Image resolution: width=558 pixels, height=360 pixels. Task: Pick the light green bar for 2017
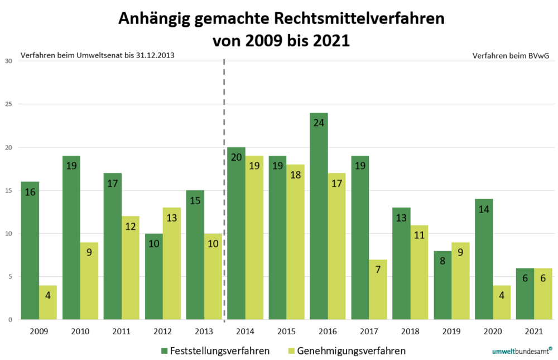point(378,290)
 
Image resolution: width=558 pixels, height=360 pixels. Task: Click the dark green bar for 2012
point(154,276)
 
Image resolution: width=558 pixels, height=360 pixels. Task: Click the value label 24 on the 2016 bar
point(319,122)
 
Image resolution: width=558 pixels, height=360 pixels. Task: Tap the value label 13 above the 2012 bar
point(172,217)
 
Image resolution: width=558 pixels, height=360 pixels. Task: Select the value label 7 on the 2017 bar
point(378,270)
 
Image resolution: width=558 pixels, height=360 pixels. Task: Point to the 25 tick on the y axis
point(8,104)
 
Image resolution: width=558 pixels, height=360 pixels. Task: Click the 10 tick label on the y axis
point(8,233)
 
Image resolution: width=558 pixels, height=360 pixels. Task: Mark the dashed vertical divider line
point(224,190)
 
